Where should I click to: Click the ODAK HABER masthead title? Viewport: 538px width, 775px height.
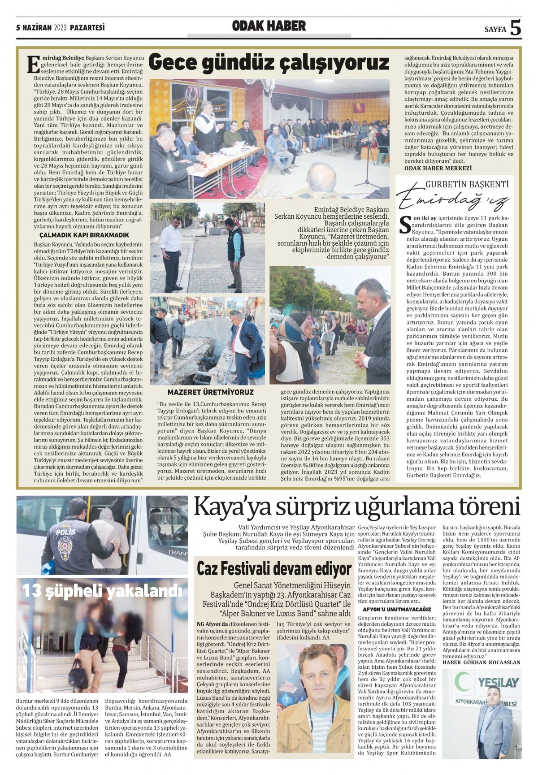[x=269, y=26]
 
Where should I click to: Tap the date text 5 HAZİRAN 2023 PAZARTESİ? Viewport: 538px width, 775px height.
[x=60, y=28]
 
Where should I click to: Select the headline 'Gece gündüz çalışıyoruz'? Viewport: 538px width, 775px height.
[x=269, y=63]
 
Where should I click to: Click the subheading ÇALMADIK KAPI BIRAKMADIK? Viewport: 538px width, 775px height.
[x=84, y=235]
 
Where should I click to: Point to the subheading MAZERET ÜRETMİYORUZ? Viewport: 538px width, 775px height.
[x=210, y=392]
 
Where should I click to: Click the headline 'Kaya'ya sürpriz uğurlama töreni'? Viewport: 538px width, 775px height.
[x=356, y=508]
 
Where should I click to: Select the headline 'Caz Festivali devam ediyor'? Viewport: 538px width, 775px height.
[x=274, y=569]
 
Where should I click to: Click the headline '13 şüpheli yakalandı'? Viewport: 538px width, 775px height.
[x=102, y=591]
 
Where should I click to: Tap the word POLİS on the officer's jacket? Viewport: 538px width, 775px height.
[x=65, y=532]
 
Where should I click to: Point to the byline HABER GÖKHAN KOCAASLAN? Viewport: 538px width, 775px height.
[x=481, y=662]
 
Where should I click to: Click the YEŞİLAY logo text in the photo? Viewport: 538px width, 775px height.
[x=498, y=683]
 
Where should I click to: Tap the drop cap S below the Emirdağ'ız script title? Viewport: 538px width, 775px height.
[x=404, y=225]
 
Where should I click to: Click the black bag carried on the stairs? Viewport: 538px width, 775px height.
[x=78, y=672]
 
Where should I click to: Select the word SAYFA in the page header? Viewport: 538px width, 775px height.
[x=495, y=30]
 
